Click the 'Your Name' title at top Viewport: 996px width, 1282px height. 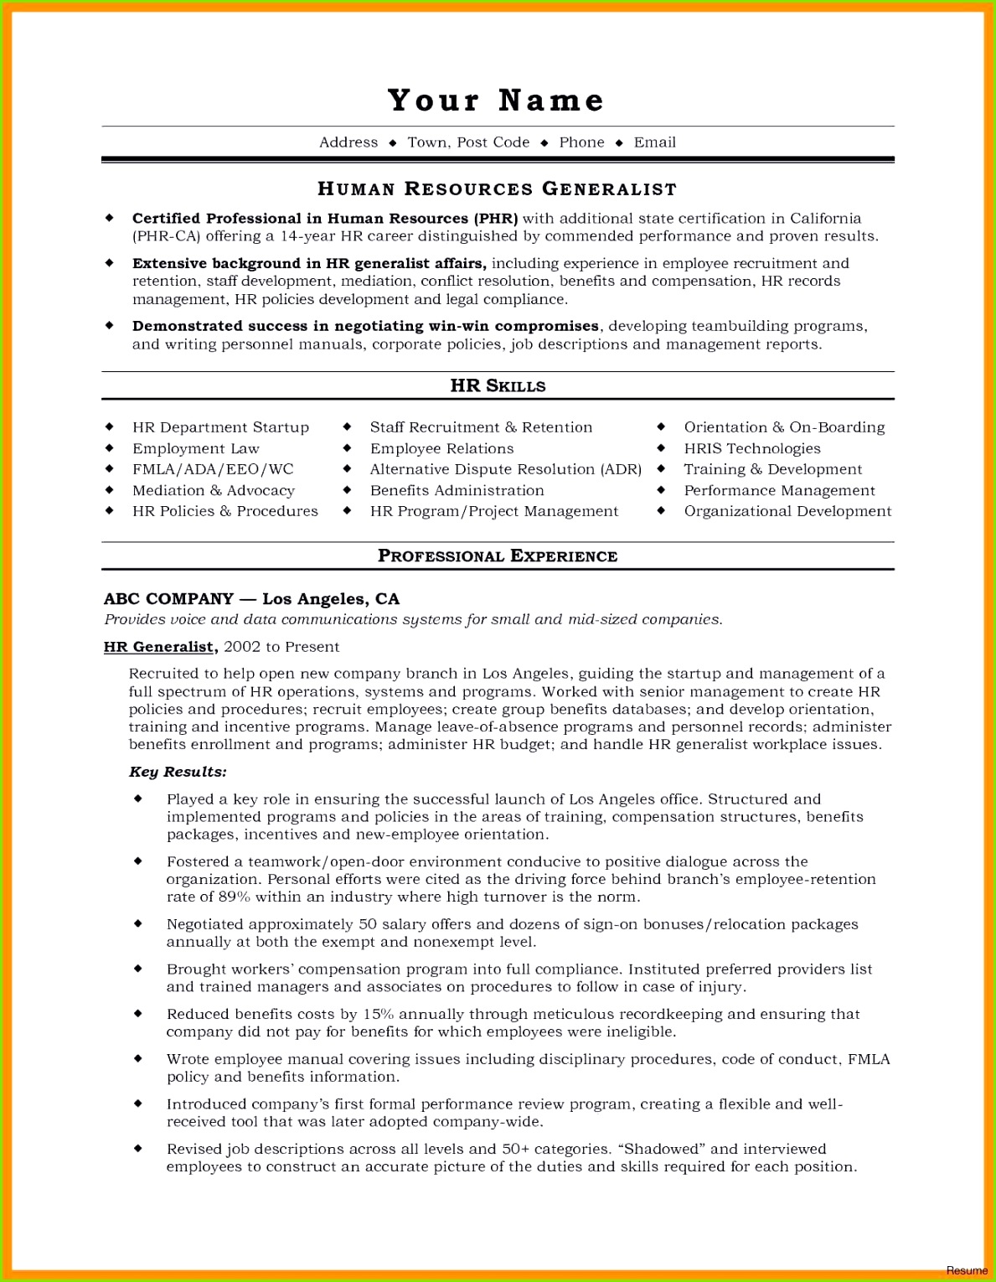point(496,101)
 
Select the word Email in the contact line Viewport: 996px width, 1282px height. point(654,142)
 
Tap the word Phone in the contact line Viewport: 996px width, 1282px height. point(581,142)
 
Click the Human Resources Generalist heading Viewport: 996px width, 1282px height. point(498,189)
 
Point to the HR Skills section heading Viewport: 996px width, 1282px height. point(498,386)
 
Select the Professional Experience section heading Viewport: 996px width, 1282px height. point(498,556)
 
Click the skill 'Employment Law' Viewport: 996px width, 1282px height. point(196,449)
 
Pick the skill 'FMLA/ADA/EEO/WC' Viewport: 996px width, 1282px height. point(213,469)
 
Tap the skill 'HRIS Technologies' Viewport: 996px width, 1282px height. point(752,449)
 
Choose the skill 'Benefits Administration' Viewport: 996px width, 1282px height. point(457,490)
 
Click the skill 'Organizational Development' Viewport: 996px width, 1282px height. point(787,511)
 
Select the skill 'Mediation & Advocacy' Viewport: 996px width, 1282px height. point(214,490)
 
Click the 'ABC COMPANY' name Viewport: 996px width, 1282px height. point(168,599)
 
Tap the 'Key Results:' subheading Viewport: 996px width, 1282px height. point(178,772)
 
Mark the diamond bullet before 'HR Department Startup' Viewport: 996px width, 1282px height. point(109,427)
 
